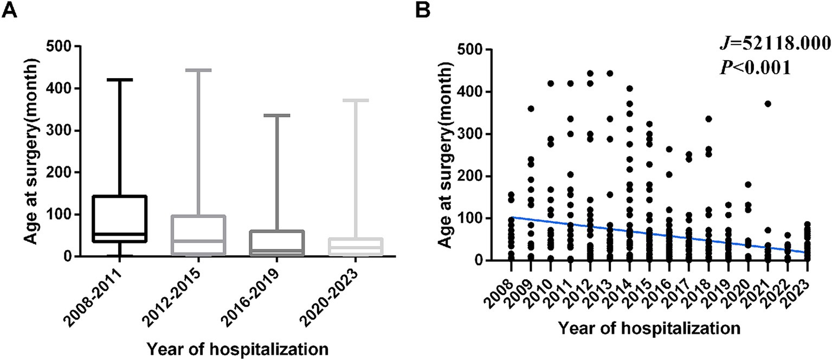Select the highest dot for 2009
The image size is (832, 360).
(x=531, y=109)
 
